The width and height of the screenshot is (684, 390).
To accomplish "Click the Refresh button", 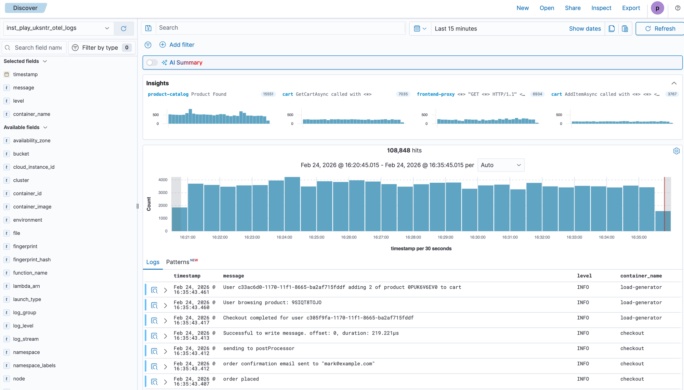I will (x=660, y=29).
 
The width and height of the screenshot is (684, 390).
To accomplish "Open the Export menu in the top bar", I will (x=631, y=8).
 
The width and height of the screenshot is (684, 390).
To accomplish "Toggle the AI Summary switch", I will (x=152, y=63).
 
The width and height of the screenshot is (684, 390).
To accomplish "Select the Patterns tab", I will (x=178, y=262).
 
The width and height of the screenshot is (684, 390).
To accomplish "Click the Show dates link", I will (x=584, y=29).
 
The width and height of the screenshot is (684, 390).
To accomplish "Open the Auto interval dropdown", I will (x=500, y=165).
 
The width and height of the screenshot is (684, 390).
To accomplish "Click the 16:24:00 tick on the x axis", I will (x=284, y=237).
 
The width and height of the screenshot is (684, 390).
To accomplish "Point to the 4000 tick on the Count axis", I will (x=163, y=180).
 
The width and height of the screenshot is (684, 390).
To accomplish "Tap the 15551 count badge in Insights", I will (x=268, y=94).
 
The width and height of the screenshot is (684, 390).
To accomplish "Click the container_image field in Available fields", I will (x=32, y=207).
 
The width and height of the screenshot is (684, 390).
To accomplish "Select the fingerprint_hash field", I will (x=32, y=260).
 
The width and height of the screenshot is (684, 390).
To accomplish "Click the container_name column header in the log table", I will (x=641, y=276).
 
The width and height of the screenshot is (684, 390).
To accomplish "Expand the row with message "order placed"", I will (x=166, y=382).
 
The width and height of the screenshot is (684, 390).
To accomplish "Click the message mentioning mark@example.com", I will (x=299, y=364).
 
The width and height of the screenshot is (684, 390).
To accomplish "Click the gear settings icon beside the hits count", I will (x=676, y=151).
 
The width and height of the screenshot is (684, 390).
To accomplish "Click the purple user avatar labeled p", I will (x=657, y=8).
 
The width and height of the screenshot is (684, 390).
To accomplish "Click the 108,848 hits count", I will (x=404, y=151).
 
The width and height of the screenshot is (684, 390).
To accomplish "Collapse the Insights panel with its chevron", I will (x=674, y=83).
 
